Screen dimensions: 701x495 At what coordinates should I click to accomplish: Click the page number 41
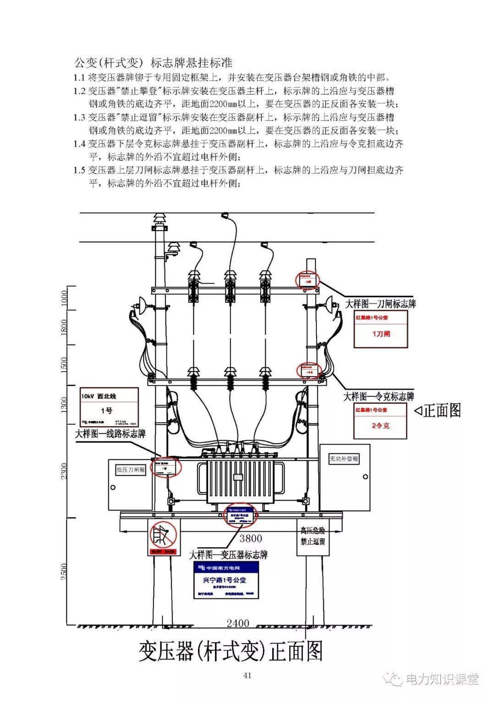247,675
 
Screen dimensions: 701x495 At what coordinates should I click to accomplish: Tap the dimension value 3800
251,538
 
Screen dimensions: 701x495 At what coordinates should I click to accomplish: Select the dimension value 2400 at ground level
238,623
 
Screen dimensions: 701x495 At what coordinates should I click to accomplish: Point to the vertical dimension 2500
64,571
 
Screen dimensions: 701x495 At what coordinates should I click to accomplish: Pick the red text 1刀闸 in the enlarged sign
380,334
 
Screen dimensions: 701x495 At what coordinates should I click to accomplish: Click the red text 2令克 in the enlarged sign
380,425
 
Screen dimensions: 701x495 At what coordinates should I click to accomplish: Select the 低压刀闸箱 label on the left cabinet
131,469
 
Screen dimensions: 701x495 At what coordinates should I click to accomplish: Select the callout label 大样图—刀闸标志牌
380,304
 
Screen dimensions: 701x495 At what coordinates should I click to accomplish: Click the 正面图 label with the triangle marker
438,410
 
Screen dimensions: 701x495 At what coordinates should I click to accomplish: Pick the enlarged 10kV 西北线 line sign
109,406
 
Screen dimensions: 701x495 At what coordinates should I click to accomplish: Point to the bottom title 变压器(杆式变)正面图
231,651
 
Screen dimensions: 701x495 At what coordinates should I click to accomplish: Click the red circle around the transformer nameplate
241,515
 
